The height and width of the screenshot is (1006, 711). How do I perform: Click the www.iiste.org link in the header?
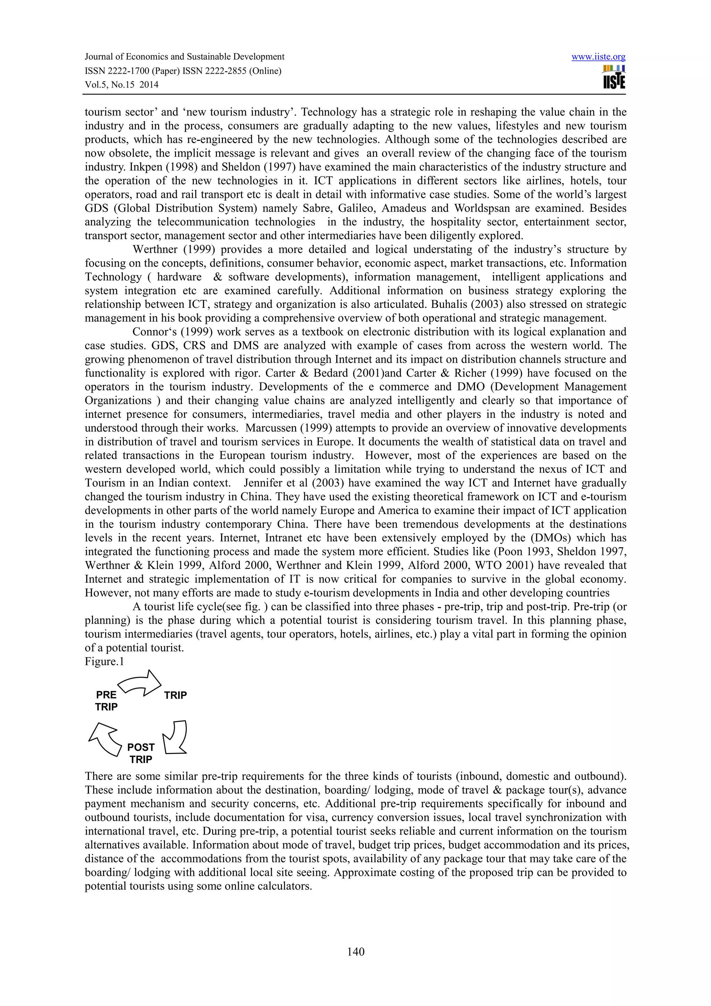599,57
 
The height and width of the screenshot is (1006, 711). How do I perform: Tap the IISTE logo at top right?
614,77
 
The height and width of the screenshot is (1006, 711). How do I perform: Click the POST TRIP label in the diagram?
141,753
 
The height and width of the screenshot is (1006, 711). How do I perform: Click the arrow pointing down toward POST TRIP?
175,737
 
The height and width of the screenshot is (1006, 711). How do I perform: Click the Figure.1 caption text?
104,661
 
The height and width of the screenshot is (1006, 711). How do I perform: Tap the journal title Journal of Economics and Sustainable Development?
184,57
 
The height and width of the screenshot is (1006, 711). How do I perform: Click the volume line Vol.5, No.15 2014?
122,85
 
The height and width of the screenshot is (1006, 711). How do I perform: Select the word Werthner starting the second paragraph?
152,250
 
